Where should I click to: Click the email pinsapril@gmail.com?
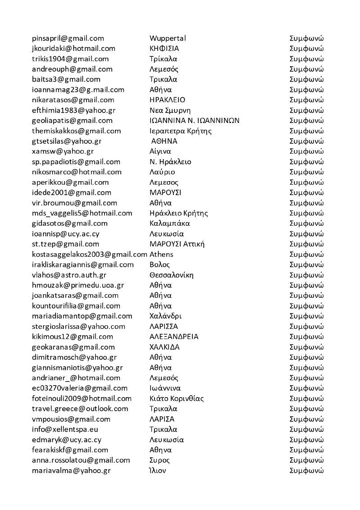click(68, 38)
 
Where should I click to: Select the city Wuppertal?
click(168, 38)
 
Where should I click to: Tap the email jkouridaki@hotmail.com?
click(74, 48)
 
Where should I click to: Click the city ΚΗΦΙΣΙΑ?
click(164, 48)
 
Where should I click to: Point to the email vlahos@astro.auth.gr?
click(69, 275)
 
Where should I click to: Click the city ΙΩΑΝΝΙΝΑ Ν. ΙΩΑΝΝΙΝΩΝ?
click(194, 120)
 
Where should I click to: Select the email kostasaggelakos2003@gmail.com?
click(90, 254)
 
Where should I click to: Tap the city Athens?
click(161, 254)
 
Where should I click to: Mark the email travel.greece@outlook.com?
click(80, 409)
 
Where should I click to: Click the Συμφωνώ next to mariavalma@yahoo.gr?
click(306, 470)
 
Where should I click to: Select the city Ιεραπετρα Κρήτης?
click(180, 131)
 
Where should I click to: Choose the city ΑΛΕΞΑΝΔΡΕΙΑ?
click(174, 337)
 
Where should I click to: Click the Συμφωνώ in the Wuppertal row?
click(306, 38)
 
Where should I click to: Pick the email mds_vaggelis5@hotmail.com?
click(82, 213)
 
